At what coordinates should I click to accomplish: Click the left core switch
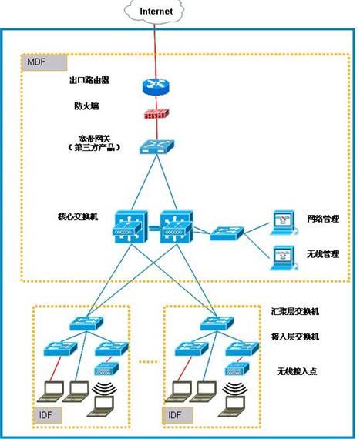[x=127, y=227]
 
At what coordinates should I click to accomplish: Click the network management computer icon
[x=283, y=221]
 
